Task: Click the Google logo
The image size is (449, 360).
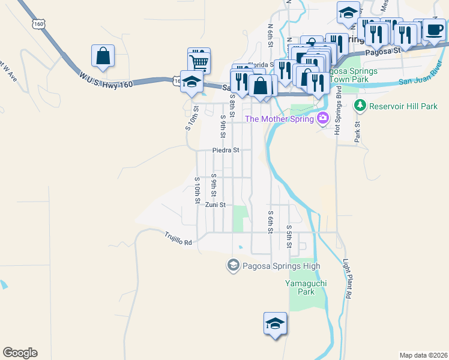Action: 20,353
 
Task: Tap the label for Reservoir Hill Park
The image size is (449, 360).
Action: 404,106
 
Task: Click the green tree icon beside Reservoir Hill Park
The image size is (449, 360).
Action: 360,106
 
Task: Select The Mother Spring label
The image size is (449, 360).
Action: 280,119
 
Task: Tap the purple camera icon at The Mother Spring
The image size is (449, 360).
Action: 324,118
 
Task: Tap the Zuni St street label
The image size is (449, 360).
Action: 215,205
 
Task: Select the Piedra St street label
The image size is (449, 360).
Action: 226,150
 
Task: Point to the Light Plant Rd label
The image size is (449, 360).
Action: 346,280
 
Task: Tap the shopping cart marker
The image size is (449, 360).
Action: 199,59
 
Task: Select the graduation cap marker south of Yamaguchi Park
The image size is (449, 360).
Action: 275,323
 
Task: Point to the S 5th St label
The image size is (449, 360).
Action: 289,236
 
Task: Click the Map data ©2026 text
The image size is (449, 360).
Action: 423,355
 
